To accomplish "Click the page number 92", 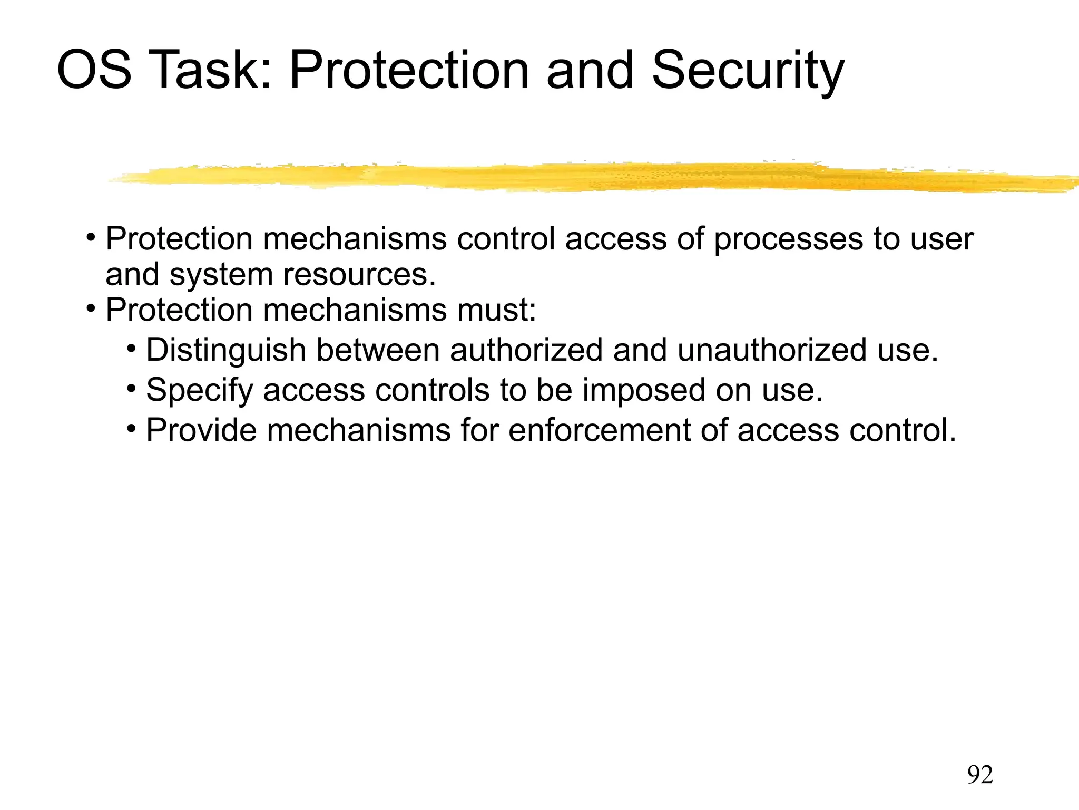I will (x=980, y=775).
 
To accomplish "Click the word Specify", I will (x=199, y=391).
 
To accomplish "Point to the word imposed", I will (x=644, y=391).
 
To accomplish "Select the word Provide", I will (x=201, y=430).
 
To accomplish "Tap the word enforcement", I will (x=600, y=430).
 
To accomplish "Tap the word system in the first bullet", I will (x=221, y=275).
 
